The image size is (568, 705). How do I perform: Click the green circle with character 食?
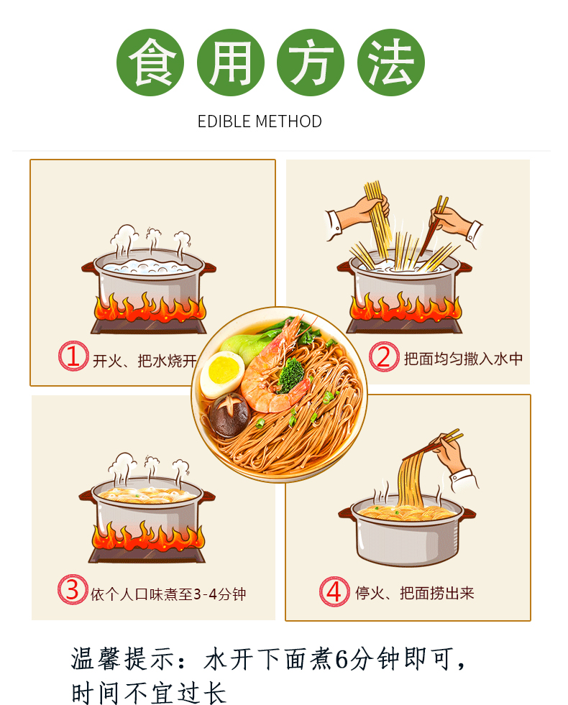coord(150,63)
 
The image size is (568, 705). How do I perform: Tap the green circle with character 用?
coord(231,63)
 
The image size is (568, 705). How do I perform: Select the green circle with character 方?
coord(311,63)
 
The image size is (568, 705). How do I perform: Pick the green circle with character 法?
coord(391,63)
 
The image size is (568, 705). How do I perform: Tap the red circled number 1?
coord(72,357)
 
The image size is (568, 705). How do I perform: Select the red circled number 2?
coord(383,357)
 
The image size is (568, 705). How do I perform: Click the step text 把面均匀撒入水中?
coord(462,359)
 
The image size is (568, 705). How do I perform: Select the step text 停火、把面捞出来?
coord(415,594)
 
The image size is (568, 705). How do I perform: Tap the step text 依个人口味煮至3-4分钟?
coord(169,594)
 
